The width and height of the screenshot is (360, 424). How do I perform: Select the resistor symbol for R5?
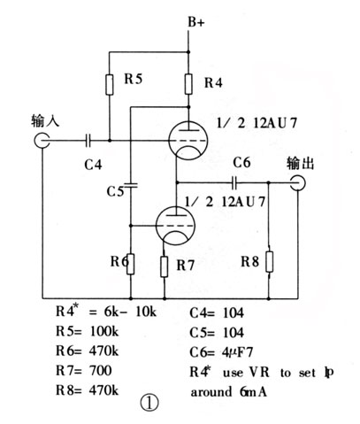[109, 83]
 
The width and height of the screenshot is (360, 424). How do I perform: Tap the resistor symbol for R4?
[189, 85]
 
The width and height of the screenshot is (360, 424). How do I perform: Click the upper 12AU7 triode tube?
[188, 137]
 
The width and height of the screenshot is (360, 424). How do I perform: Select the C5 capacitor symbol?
[130, 186]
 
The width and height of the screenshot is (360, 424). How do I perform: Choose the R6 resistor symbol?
[130, 263]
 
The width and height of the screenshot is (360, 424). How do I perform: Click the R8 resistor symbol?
[270, 262]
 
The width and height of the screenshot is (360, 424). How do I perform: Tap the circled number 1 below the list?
[149, 402]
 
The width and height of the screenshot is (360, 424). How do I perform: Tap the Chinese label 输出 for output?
[302, 163]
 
